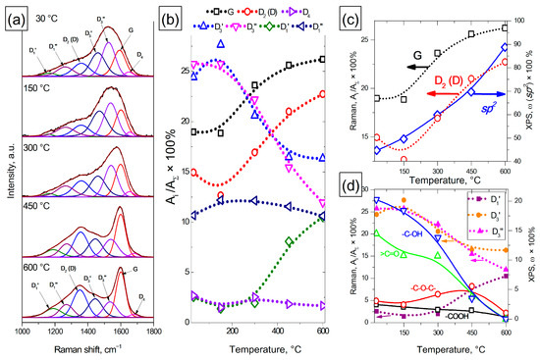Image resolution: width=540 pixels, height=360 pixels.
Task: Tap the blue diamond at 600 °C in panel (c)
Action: point(506,47)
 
